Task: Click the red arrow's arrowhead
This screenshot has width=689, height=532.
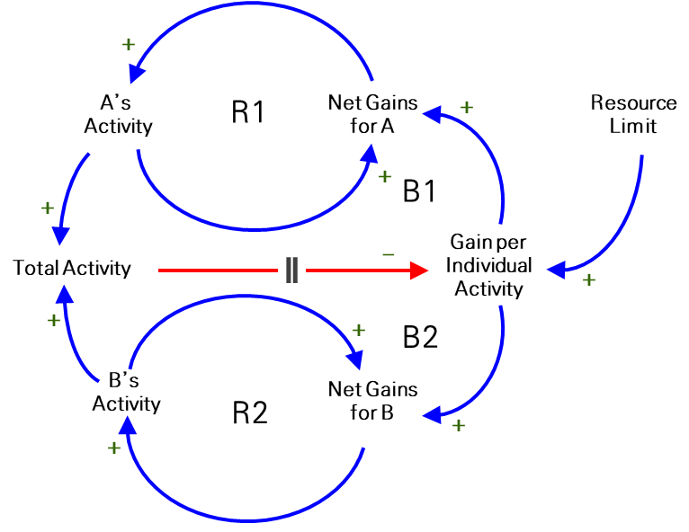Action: [x=419, y=270]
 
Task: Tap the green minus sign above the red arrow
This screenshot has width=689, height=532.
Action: [x=389, y=255]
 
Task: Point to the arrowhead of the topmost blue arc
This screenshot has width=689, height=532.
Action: [x=136, y=74]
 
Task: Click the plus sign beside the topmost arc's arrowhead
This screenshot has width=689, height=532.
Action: [x=129, y=44]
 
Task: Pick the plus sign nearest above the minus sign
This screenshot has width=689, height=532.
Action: [x=385, y=176]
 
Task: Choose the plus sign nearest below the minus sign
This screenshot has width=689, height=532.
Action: [x=359, y=330]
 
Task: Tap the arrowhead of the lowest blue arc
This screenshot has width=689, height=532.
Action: [x=128, y=425]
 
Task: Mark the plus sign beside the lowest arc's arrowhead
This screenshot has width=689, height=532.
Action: [x=114, y=448]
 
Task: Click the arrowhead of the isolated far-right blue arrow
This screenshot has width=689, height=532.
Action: [x=556, y=269]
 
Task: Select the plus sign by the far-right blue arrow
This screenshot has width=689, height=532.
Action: [x=589, y=279]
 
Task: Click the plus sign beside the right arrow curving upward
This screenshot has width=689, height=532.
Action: [x=467, y=107]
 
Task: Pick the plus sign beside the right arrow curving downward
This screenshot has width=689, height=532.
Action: [x=459, y=425]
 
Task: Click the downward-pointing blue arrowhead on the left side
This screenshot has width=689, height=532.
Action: [x=60, y=236]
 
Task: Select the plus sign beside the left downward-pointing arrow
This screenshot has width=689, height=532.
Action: [x=48, y=208]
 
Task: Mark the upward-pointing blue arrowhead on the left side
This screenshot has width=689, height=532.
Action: [x=64, y=295]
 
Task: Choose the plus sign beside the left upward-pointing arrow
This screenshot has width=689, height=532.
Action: [x=54, y=320]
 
